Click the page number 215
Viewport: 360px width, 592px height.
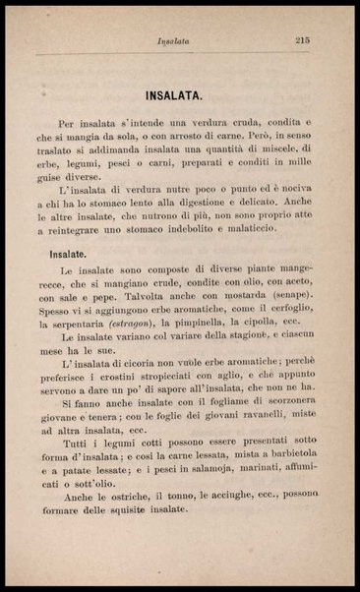click(x=302, y=40)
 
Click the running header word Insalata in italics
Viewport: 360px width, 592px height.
click(x=172, y=41)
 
